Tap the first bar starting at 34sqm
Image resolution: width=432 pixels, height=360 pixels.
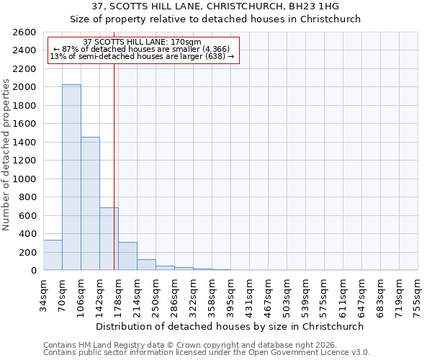(53, 255)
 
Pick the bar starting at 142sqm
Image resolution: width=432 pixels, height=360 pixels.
(109, 239)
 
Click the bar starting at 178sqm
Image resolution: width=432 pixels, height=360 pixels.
(127, 256)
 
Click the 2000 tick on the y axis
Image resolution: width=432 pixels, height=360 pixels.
(24, 87)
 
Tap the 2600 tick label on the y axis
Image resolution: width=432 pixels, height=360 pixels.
(24, 32)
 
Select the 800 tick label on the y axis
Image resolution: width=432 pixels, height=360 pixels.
(27, 197)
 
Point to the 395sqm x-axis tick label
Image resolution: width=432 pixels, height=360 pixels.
(230, 294)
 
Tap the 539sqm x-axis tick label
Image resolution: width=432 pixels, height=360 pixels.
(305, 294)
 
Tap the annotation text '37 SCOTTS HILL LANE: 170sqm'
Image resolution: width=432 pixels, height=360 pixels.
(143, 42)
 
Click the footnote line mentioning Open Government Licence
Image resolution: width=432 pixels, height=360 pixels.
(207, 353)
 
